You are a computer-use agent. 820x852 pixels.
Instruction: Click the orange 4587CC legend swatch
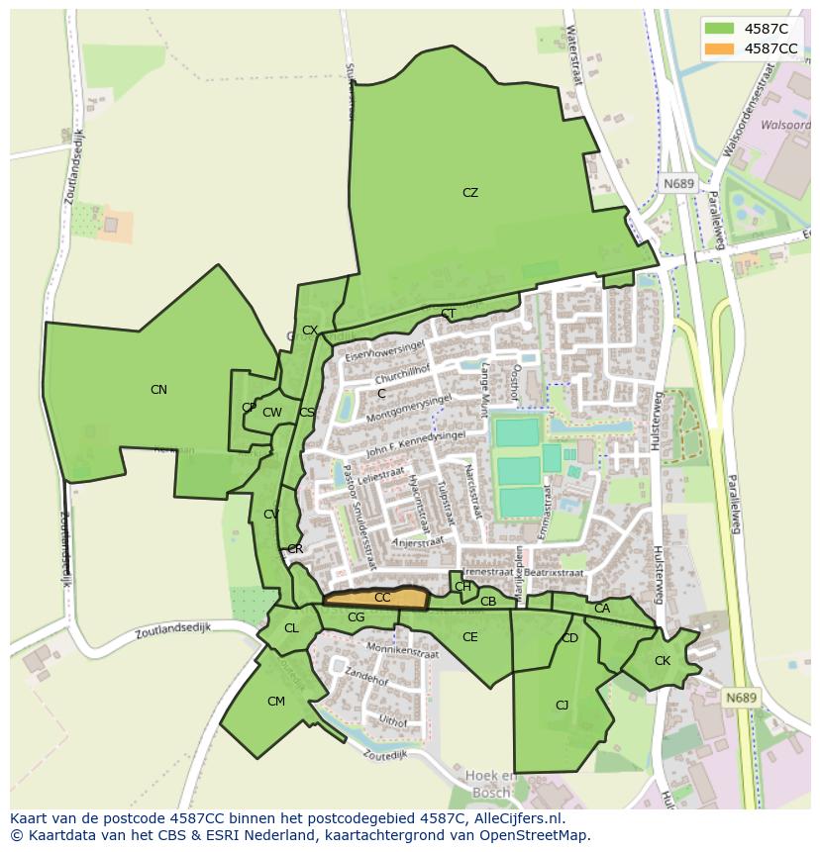721,48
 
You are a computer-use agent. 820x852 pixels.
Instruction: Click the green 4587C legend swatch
721,29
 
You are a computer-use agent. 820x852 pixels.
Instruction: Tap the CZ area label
470,193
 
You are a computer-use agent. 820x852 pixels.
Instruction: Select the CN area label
158,390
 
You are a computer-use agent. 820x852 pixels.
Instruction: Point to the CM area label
276,702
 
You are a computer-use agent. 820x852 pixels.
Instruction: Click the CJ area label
562,706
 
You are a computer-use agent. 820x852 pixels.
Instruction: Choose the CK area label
663,661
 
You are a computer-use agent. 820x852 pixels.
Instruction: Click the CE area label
470,637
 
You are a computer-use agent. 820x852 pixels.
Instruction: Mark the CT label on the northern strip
449,315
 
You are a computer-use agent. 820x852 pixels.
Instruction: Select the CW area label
272,413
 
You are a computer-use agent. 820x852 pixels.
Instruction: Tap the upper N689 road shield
679,184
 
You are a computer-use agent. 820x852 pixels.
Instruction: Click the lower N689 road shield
741,698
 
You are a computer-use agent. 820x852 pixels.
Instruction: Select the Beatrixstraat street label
554,572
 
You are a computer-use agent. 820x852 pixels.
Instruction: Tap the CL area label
291,628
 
